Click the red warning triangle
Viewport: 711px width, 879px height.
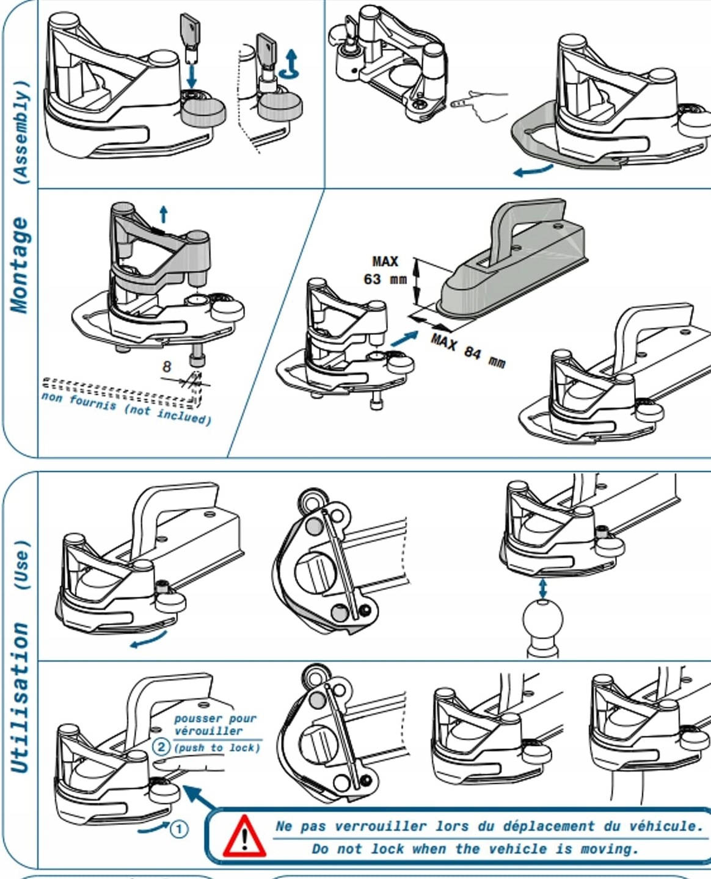(x=244, y=836)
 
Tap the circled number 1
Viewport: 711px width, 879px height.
(x=178, y=829)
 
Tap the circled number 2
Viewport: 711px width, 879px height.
(x=161, y=747)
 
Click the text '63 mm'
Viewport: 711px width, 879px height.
(x=385, y=280)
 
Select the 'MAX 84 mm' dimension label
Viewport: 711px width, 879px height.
(x=468, y=352)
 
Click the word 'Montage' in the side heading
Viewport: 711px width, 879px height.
(x=20, y=266)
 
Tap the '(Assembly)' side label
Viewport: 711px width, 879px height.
(x=21, y=132)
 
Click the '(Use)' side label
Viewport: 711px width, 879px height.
(x=21, y=565)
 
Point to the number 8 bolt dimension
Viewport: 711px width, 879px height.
(x=167, y=366)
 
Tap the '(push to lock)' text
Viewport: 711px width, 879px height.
(x=217, y=748)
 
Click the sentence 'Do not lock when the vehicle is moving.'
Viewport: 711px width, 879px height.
(x=475, y=848)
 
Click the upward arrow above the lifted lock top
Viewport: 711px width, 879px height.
(x=163, y=214)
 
